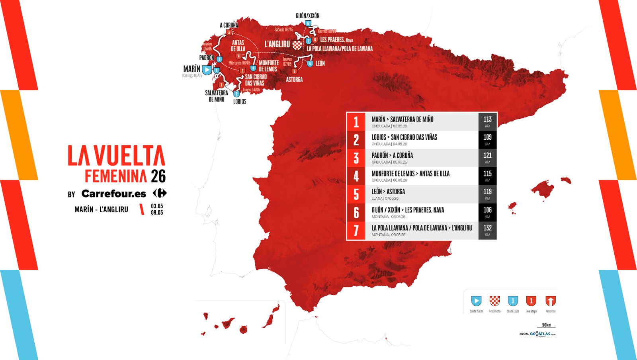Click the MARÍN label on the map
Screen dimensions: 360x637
coord(191,69)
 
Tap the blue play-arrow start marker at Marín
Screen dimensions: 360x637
coord(207,70)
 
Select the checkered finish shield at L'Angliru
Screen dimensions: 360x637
coord(297,45)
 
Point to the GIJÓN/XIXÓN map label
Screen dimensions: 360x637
coord(307,16)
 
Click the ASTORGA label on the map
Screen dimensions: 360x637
coord(294,80)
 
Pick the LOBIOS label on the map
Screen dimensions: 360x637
coord(240,102)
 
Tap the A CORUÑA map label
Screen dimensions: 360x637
coord(229,25)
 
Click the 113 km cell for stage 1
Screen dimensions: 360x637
coord(487,121)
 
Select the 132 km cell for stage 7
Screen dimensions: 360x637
coord(487,230)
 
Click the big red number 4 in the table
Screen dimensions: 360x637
coord(356,176)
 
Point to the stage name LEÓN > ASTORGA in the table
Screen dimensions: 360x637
coord(388,192)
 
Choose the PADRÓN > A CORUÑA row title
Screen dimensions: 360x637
coord(392,155)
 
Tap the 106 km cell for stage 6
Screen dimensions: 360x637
coord(487,212)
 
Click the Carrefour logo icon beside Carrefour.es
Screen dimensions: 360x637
coord(160,194)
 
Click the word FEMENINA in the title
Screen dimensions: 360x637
coord(116,176)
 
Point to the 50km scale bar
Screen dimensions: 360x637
coord(546,326)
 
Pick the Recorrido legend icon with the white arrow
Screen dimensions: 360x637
coord(551,301)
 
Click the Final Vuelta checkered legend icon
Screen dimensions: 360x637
coord(494,301)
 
